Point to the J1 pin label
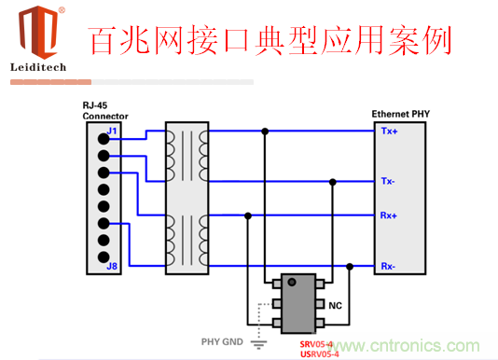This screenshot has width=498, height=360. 112,132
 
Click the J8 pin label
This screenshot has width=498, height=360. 112,268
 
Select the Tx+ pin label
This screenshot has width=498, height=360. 389,132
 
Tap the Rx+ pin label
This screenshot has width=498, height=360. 389,216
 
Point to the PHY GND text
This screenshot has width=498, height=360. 223,342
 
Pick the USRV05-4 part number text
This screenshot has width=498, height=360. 320,353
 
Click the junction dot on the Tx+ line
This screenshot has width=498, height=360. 266,132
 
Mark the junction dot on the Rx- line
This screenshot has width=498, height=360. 350,268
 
